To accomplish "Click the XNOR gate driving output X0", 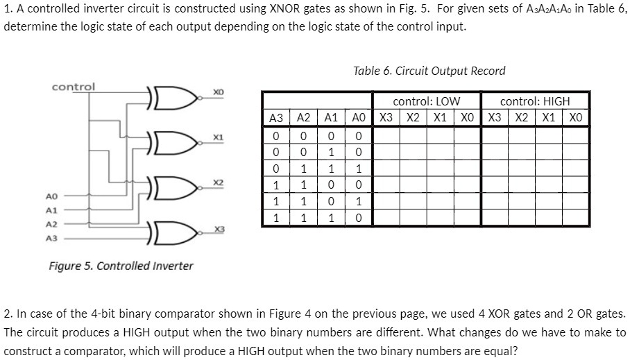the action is pyautogui.click(x=173, y=98).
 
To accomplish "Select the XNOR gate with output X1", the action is pyautogui.click(x=173, y=143).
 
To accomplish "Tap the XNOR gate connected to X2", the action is pyautogui.click(x=173, y=188).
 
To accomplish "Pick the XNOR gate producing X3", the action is pyautogui.click(x=173, y=232).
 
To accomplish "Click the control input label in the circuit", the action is pyautogui.click(x=74, y=87).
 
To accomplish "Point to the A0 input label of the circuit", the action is pyautogui.click(x=51, y=196).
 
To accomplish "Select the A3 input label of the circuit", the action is pyautogui.click(x=51, y=238).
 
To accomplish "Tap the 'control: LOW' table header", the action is pyautogui.click(x=427, y=101).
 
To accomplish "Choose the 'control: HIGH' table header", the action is pyautogui.click(x=535, y=101).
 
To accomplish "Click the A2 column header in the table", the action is pyautogui.click(x=303, y=118).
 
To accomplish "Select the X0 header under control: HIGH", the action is pyautogui.click(x=576, y=118).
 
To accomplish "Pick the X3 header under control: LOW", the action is pyautogui.click(x=386, y=118).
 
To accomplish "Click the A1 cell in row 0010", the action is pyautogui.click(x=331, y=153).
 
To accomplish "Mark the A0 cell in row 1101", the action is pyautogui.click(x=359, y=201).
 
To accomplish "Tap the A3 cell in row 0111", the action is pyautogui.click(x=276, y=169).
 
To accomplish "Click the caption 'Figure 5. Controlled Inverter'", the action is pyautogui.click(x=121, y=266).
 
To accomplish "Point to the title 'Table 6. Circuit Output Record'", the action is pyautogui.click(x=429, y=71).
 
